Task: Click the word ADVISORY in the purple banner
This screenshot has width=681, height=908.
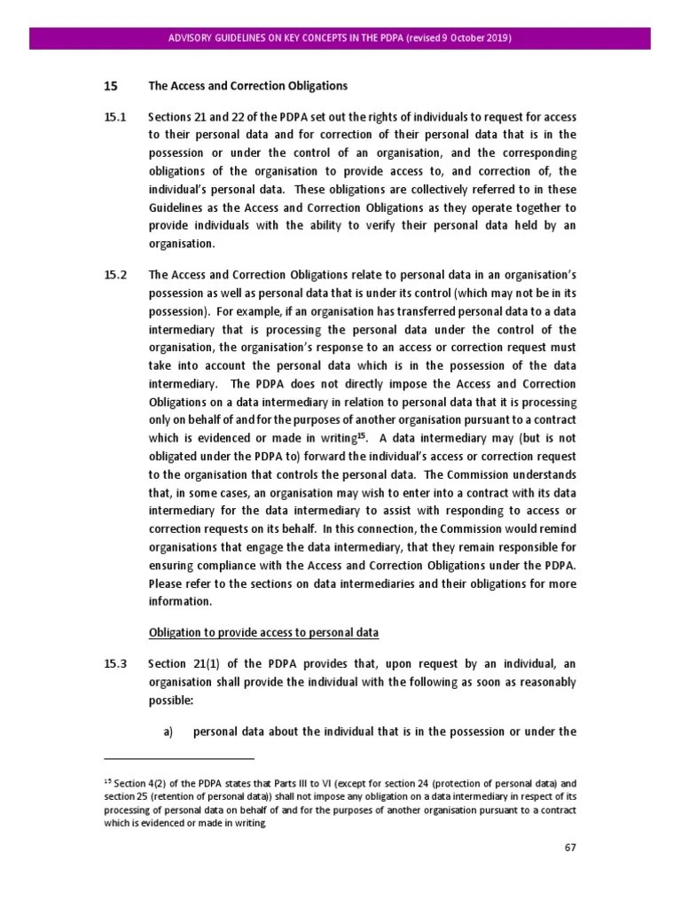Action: pyautogui.click(x=192, y=38)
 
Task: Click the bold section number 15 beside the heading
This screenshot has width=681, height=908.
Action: pyautogui.click(x=111, y=86)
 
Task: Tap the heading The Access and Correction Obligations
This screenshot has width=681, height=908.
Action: pyautogui.click(x=247, y=86)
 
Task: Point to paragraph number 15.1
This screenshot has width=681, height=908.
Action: pyautogui.click(x=115, y=117)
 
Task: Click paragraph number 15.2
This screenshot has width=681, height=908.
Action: pyautogui.click(x=115, y=275)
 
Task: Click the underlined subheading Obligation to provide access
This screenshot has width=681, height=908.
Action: pyautogui.click(x=263, y=632)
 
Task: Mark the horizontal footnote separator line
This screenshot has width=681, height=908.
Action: pyautogui.click(x=179, y=759)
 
